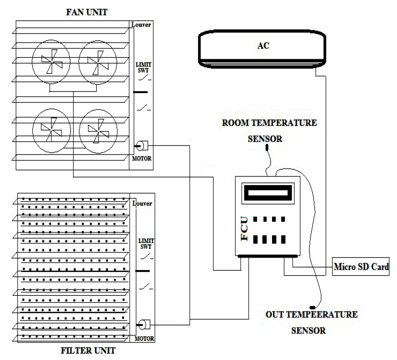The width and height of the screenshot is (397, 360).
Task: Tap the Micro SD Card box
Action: click(361, 266)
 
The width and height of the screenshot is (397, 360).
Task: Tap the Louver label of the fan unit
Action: click(141, 24)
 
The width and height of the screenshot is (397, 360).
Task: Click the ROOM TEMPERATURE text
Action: click(269, 123)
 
